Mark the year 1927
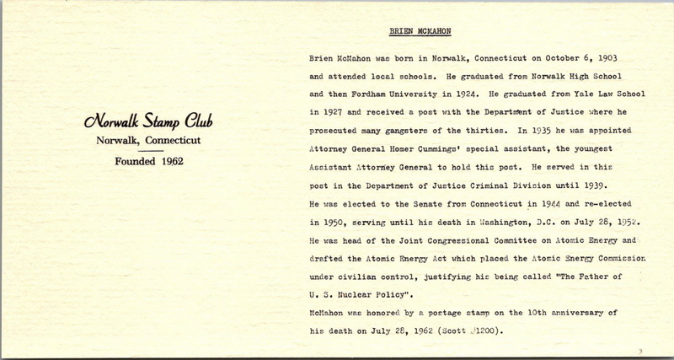tap(322, 110)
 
